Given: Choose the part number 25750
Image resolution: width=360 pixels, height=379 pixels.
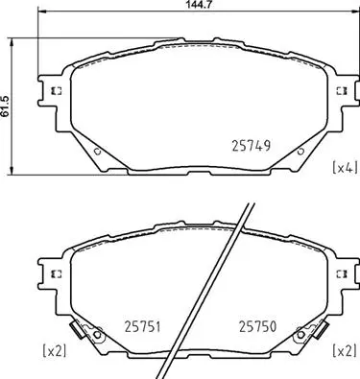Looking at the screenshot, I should [257, 325].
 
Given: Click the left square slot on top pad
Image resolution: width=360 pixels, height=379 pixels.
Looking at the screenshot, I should [55, 91].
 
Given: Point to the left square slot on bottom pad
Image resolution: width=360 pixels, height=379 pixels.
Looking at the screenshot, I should [55, 273].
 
